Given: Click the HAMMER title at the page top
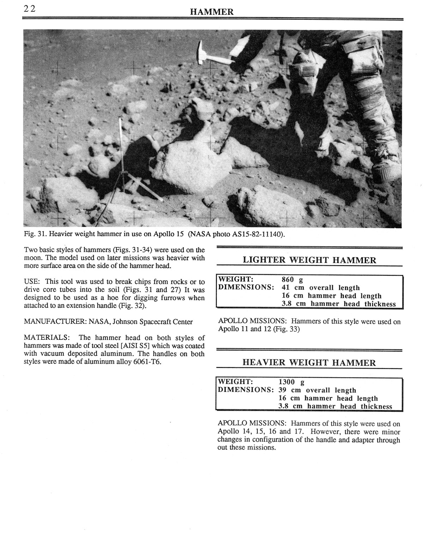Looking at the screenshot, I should point(212,12).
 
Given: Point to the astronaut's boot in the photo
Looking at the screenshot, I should point(387,171).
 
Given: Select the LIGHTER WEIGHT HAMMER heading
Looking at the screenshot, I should point(309,260).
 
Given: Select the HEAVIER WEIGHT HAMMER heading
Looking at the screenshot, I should point(309,363).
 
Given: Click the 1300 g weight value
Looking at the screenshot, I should point(291,382).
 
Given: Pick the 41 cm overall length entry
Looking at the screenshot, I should point(321,288).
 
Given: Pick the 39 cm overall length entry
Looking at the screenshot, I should point(317,390).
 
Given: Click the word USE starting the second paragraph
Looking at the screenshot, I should point(31,282).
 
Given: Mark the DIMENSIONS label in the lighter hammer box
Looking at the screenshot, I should point(246,288).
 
